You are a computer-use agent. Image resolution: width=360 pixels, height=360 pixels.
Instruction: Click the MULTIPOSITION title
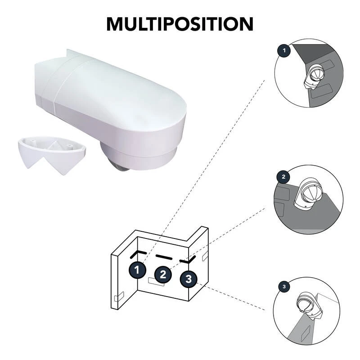click(180, 24)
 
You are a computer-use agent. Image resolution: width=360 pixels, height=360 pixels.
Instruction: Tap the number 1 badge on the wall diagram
click(137, 270)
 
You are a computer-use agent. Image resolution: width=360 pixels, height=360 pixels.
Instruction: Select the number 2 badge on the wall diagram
click(163, 274)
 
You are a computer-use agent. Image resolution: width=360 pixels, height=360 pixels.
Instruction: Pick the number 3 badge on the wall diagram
click(189, 279)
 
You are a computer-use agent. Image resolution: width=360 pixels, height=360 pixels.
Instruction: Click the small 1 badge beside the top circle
click(284, 50)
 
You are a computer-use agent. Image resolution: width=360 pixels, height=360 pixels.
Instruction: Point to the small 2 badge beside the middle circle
click(283, 176)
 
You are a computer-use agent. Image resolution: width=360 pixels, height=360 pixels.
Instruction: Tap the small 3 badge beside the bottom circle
click(284, 287)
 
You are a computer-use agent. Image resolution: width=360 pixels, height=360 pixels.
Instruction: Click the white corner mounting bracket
click(52, 153)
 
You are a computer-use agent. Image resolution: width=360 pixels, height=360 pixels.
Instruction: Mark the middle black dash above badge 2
click(164, 257)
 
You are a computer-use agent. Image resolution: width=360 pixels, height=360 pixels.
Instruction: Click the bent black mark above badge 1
click(138, 253)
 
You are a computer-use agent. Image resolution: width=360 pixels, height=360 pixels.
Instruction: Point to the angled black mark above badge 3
click(188, 260)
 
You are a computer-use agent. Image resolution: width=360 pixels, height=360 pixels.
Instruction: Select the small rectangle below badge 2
click(156, 282)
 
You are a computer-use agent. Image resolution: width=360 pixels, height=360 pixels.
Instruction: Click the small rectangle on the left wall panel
click(119, 297)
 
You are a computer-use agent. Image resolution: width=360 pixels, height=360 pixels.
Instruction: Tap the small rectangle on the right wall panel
click(205, 256)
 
